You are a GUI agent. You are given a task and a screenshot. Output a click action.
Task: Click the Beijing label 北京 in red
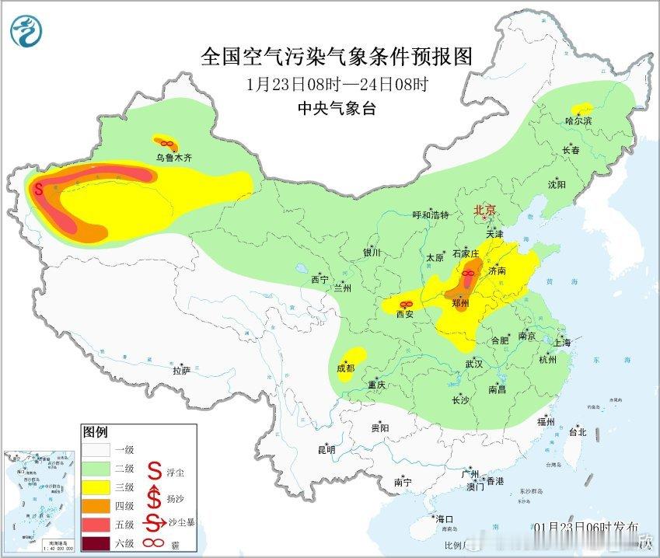(x=485, y=210)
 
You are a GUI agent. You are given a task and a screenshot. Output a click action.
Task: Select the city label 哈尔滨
(x=578, y=121)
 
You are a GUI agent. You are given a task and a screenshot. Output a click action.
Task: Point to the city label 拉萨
(x=181, y=371)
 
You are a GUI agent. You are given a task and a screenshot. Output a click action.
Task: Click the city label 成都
(x=346, y=369)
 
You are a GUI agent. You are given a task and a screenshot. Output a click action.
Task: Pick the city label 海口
(x=444, y=519)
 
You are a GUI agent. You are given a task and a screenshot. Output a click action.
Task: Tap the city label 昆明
(x=326, y=449)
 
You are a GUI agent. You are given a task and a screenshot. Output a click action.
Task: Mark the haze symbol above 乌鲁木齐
(x=164, y=142)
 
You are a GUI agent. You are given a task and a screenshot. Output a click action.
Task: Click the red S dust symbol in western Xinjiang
(x=37, y=187)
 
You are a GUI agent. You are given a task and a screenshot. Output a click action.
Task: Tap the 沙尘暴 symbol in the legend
(x=155, y=523)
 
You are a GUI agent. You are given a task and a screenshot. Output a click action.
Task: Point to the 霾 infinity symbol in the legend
(x=155, y=542)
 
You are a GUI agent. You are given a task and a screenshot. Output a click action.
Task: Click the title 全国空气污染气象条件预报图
(x=337, y=56)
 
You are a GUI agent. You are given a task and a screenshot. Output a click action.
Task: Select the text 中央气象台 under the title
(x=337, y=109)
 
